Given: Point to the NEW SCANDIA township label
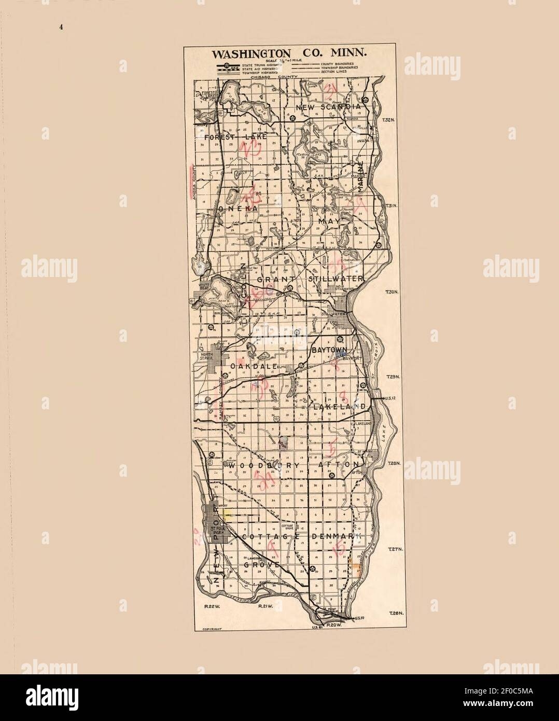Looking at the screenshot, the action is [328, 107].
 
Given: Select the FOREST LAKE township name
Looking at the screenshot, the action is [235, 137].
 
